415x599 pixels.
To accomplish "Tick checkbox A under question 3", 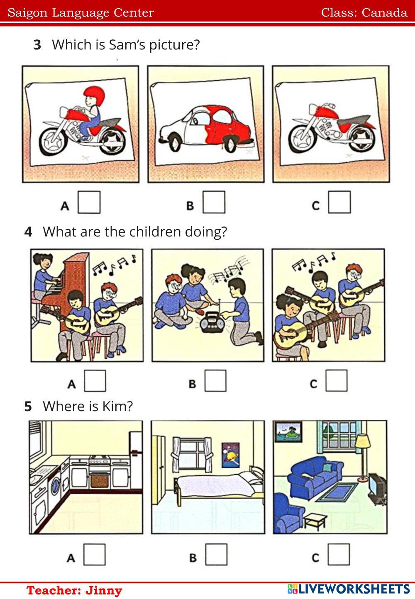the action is pyautogui.click(x=89, y=202).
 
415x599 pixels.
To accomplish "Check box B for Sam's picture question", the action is pyautogui.click(x=214, y=202).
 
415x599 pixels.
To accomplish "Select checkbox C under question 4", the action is pyautogui.click(x=336, y=381).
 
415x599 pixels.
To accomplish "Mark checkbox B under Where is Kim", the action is pyautogui.click(x=216, y=554).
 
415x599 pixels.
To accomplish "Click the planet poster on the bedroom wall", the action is pyautogui.click(x=230, y=455).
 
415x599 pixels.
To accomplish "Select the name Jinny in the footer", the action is pyautogui.click(x=104, y=590).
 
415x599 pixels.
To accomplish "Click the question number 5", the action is pyautogui.click(x=28, y=407).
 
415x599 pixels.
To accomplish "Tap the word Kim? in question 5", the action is pyautogui.click(x=117, y=406).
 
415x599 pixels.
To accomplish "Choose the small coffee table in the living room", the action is pyautogui.click(x=316, y=521).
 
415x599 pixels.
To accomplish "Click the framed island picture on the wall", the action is pyautogui.click(x=288, y=432).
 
